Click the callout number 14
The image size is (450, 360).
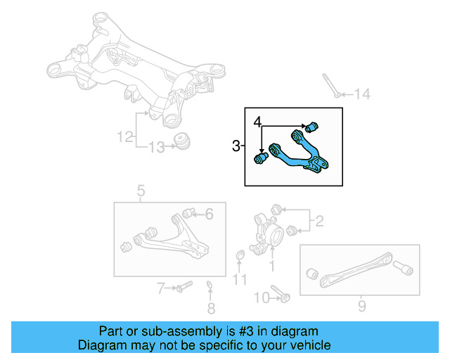[x=361, y=94]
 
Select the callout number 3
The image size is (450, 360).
[x=236, y=146]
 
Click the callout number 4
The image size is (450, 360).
[x=258, y=121]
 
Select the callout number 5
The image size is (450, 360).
[x=140, y=191]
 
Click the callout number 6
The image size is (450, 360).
[x=209, y=214]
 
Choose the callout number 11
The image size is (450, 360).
[x=240, y=281]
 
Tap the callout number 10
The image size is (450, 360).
[x=259, y=297]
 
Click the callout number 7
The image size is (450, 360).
[x=161, y=288]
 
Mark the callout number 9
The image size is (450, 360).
[x=361, y=305]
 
